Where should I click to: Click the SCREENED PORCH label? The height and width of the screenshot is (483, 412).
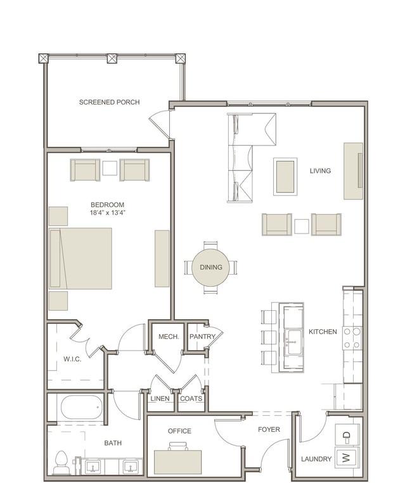coord(109,102)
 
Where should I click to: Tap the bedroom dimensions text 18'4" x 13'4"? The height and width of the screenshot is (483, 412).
coord(107,213)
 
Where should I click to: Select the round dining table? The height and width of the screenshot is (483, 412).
coord(211,267)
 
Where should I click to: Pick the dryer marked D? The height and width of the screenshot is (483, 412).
coord(347,436)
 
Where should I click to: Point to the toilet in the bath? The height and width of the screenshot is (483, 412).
coord(61,462)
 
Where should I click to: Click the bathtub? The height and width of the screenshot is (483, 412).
coord(82,407)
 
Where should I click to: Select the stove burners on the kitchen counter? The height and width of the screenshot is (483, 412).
coord(352,338)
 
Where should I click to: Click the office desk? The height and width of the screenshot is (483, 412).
coord(178,462)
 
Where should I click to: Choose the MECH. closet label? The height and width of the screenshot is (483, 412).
coord(169,337)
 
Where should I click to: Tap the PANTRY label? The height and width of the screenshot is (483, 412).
coord(202,337)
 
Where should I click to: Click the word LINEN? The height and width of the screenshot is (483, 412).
coord(160,399)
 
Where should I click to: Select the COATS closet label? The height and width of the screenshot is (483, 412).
coord(191,399)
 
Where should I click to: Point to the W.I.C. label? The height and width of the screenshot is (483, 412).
coord(72,359)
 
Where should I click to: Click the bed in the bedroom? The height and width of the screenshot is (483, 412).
coord(80,258)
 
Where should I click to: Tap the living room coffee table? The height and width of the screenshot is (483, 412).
coord(285,177)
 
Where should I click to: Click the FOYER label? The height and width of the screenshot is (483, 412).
coord(269,429)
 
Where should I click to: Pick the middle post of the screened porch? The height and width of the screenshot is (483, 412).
coord(112,58)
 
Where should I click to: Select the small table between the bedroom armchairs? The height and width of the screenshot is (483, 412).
coord(110,168)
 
